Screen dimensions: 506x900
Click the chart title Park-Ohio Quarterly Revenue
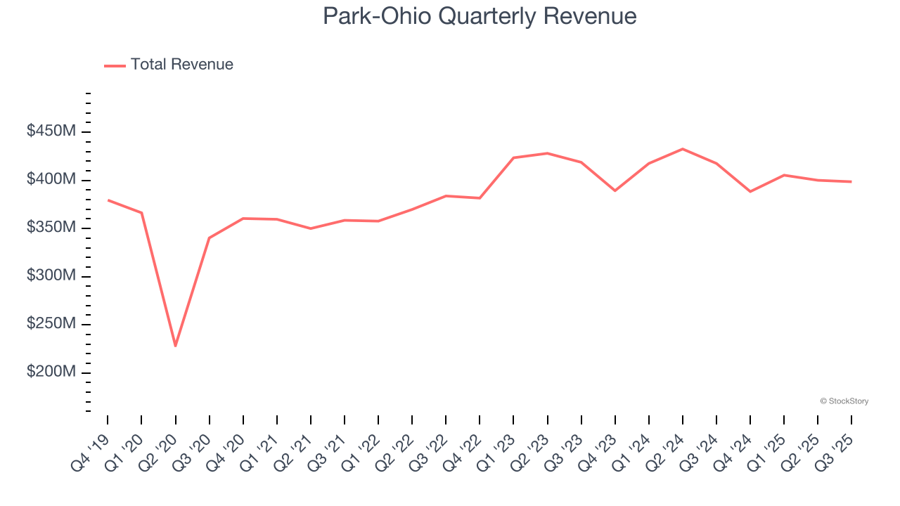tap(480, 15)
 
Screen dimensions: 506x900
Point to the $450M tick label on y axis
tap(51, 131)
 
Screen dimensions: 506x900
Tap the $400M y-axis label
tap(51, 180)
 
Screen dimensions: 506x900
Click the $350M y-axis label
tap(51, 228)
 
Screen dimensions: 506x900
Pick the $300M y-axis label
tap(51, 276)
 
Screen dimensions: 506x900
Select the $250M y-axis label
tap(51, 324)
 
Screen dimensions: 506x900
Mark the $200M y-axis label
tap(51, 372)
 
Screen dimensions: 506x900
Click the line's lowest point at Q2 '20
tap(175, 346)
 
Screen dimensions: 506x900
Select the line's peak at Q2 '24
tap(683, 149)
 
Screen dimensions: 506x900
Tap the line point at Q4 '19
tap(108, 200)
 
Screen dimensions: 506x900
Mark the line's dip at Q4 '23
tap(615, 190)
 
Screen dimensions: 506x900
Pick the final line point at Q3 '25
tap(851, 182)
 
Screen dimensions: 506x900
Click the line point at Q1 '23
tap(513, 157)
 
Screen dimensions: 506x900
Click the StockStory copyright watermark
tap(844, 401)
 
